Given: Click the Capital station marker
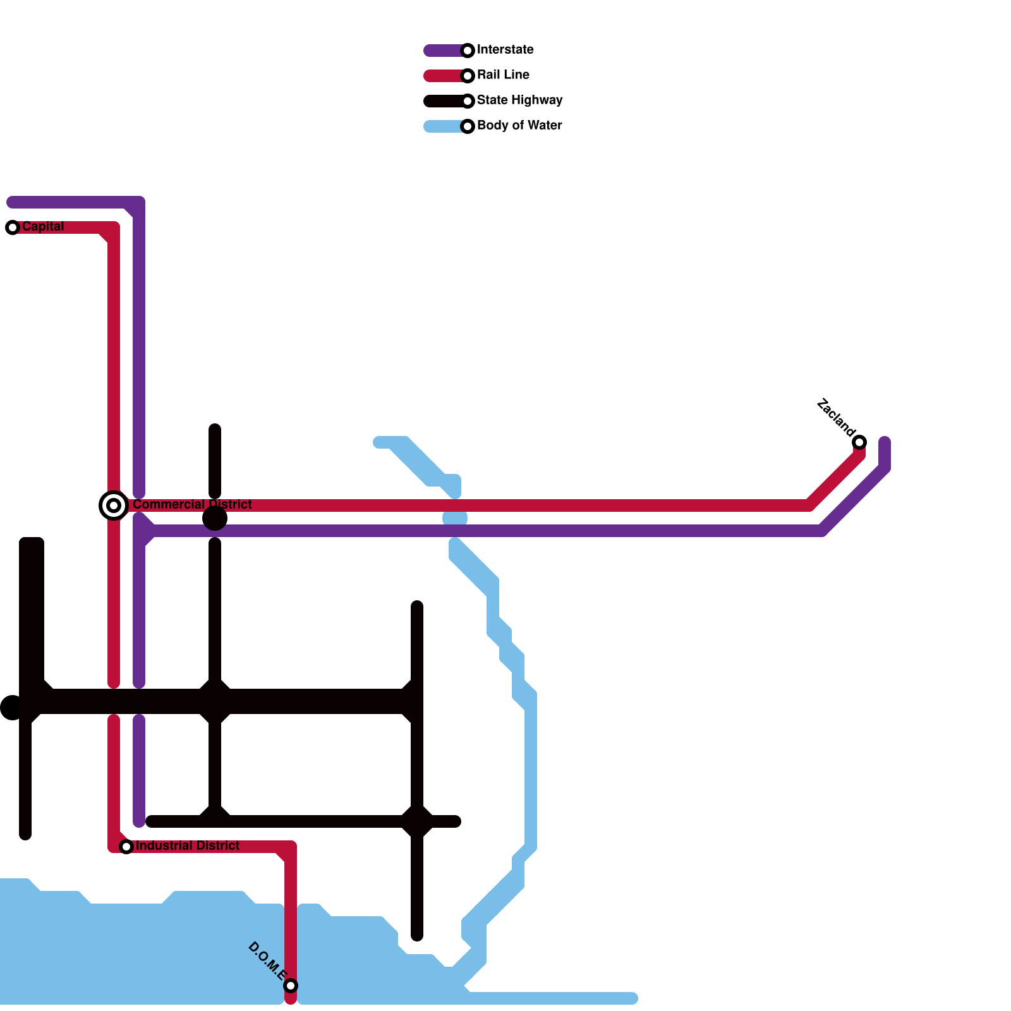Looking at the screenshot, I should (13, 227).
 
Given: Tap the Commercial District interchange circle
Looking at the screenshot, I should (114, 505).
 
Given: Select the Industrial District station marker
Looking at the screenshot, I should (126, 847).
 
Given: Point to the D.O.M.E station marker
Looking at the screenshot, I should (291, 986).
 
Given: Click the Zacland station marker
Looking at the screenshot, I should (859, 442).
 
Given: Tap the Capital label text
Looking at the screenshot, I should (43, 227).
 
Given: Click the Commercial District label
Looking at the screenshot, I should (192, 505).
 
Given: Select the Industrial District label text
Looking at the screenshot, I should (188, 846).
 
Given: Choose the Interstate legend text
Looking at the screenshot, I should (505, 50).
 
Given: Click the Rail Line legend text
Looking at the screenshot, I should (503, 75).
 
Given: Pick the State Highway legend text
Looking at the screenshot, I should (519, 100).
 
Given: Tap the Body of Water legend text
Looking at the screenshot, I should (519, 126).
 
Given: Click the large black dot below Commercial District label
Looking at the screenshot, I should (215, 519).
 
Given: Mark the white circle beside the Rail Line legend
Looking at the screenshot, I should (468, 76).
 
